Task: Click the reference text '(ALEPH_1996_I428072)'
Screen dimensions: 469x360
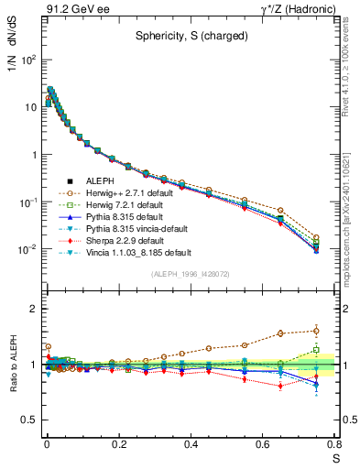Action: point(184,274)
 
